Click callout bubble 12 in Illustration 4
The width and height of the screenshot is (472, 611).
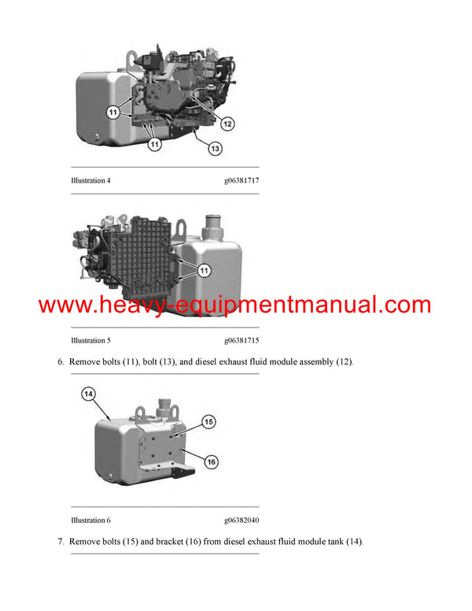(x=227, y=123)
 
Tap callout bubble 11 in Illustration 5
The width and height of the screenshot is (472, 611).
(x=204, y=271)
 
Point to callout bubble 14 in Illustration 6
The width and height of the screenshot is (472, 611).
(x=88, y=393)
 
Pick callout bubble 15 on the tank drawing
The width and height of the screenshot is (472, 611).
(x=209, y=421)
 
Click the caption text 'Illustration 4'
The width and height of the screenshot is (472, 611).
(x=90, y=180)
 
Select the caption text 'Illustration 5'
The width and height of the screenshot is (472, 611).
(x=90, y=340)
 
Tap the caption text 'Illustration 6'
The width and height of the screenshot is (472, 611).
(x=90, y=520)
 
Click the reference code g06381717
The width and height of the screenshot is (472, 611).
(x=242, y=180)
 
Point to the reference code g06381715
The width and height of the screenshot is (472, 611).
(x=242, y=340)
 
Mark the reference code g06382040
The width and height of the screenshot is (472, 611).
(x=242, y=520)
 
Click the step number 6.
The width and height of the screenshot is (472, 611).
(x=60, y=362)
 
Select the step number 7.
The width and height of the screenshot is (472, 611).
(x=60, y=542)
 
